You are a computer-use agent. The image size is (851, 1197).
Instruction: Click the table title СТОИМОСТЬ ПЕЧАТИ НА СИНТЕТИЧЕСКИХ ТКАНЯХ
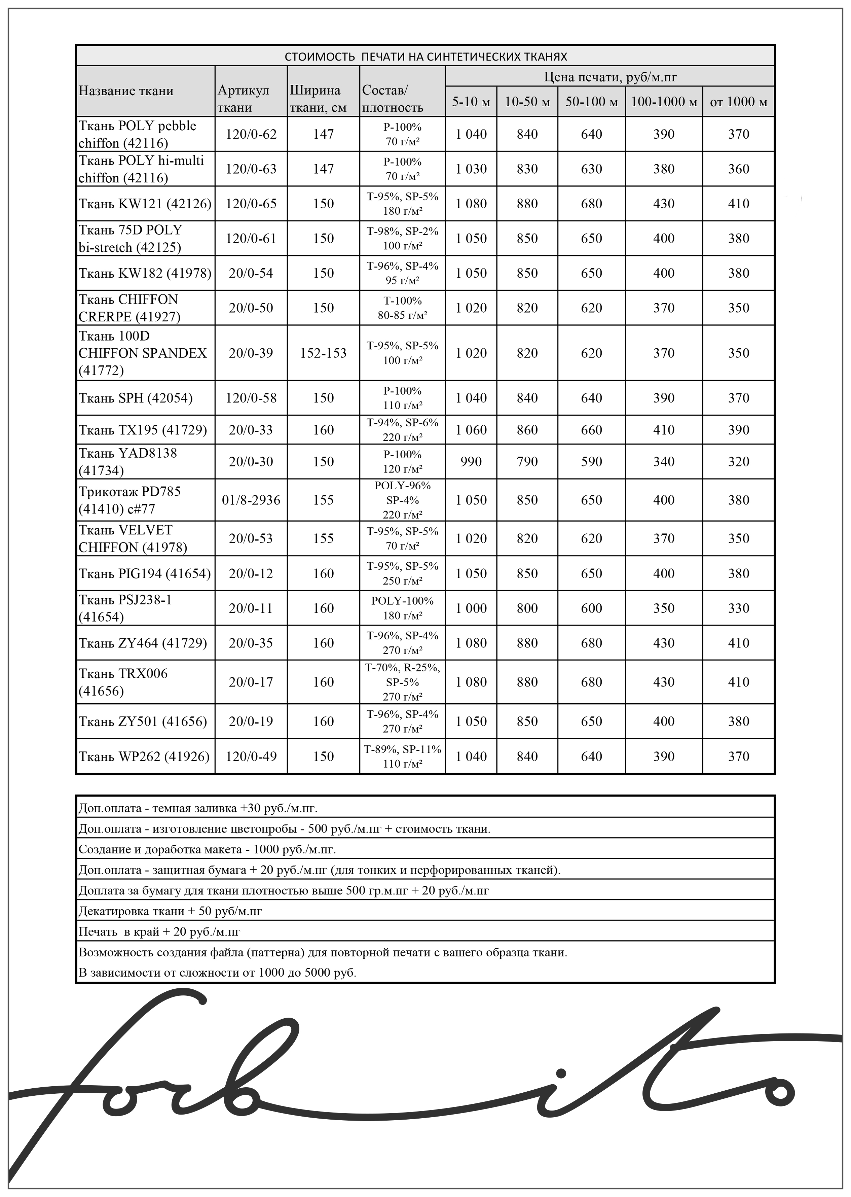pos(425,56)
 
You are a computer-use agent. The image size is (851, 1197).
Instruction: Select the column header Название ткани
pos(126,91)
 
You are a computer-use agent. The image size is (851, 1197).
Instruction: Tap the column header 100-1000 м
pos(663,102)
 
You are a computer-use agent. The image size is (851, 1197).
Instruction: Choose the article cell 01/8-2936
pos(251,500)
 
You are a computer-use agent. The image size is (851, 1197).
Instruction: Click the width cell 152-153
pos(323,353)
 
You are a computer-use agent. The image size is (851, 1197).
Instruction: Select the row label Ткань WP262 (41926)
pos(144,756)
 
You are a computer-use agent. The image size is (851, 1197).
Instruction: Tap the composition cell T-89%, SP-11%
pos(402,756)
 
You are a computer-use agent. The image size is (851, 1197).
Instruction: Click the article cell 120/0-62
pos(251,134)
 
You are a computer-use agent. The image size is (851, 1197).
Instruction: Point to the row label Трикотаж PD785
pos(129,500)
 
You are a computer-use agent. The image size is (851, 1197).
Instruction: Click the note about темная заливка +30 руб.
pos(198,808)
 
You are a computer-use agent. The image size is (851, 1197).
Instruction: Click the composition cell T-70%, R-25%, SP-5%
pos(402,681)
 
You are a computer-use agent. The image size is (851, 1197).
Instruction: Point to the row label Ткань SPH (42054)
pos(136,398)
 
